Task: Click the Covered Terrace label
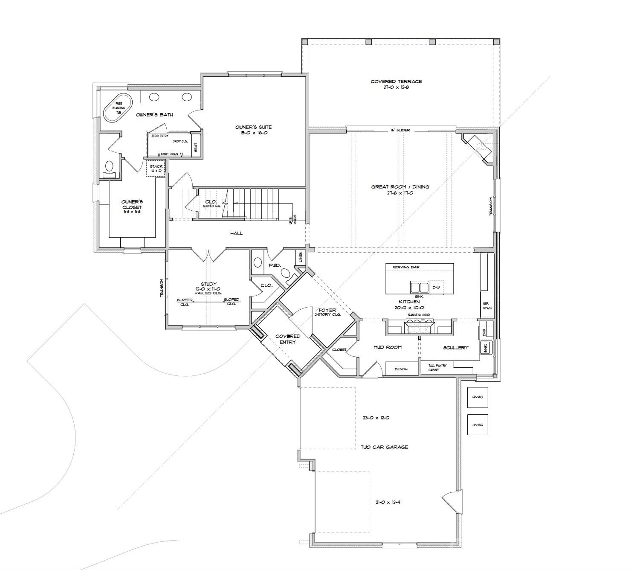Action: (x=396, y=81)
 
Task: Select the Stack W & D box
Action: (x=156, y=169)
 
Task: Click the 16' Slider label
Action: (x=400, y=130)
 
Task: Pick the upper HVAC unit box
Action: (x=478, y=397)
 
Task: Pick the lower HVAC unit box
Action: (x=478, y=425)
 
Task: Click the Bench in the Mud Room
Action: (x=401, y=369)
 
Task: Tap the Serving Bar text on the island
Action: (x=406, y=267)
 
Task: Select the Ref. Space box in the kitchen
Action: (x=487, y=305)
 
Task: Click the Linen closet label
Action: (x=301, y=257)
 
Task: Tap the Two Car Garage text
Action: (x=384, y=447)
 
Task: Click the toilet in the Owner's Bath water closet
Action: (x=109, y=167)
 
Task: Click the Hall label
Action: (x=236, y=233)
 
